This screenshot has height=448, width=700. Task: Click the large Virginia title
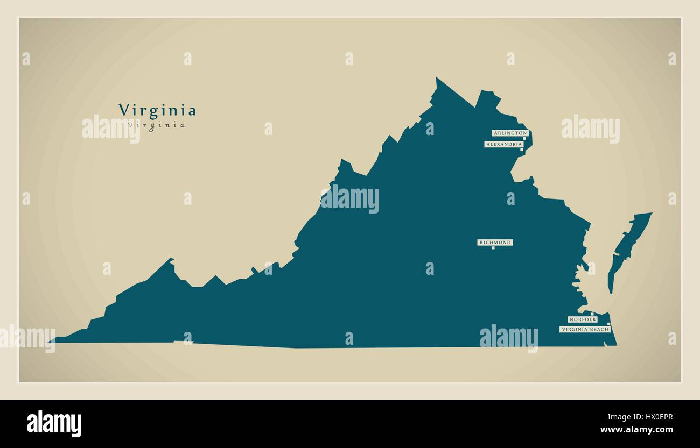[x=157, y=110]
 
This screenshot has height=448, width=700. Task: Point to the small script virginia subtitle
[x=157, y=125]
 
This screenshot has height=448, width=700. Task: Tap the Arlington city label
[x=509, y=133]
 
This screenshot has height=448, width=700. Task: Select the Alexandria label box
[x=503, y=144]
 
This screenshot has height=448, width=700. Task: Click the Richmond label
[x=495, y=243]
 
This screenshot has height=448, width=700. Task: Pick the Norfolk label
[x=583, y=319]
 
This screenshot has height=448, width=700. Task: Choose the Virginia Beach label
[x=585, y=329]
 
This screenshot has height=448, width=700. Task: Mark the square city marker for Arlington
[x=524, y=138]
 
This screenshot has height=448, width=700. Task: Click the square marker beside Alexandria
[x=521, y=150]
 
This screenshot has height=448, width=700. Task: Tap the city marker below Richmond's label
[x=493, y=248]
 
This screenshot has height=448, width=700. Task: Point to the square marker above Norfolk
[x=592, y=314]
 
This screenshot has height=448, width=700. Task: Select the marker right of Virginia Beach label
[x=609, y=324]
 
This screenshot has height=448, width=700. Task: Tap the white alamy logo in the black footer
[x=54, y=424]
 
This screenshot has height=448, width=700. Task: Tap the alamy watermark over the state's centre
[x=350, y=199]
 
